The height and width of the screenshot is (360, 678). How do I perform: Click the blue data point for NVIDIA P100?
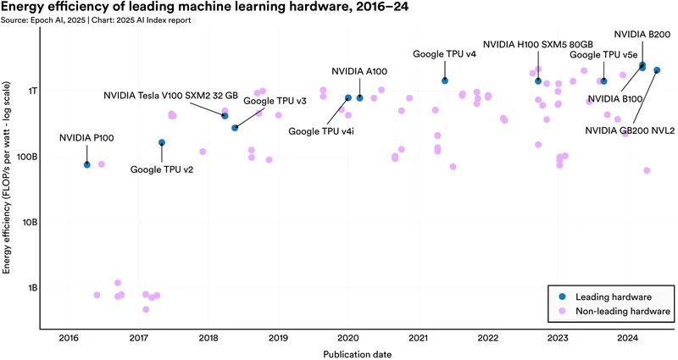86,164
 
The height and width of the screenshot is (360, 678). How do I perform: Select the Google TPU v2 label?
162,169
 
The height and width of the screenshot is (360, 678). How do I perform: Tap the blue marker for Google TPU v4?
445,80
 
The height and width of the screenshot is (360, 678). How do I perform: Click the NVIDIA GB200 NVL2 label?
630,130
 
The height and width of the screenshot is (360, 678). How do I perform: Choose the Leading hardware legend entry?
613,296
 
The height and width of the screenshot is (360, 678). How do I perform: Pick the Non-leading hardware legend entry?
623,312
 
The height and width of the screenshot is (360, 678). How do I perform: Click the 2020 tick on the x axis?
348,338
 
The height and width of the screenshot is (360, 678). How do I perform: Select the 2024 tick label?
627,338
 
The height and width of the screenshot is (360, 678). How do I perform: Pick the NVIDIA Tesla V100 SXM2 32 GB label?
170,96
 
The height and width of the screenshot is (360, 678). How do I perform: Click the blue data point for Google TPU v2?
162,142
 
